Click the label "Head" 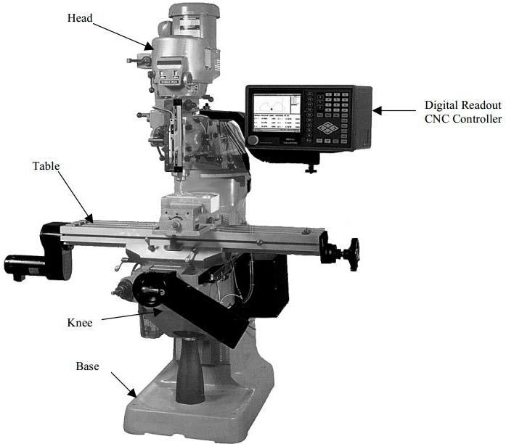pos(80,17)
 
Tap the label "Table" pos(46,166)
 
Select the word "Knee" pos(80,323)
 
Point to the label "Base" pos(87,366)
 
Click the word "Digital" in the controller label pos(442,105)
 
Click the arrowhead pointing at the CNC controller pos(378,110)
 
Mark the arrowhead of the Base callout pos(132,392)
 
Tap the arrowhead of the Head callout pos(148,46)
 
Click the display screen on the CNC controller pos(277,112)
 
